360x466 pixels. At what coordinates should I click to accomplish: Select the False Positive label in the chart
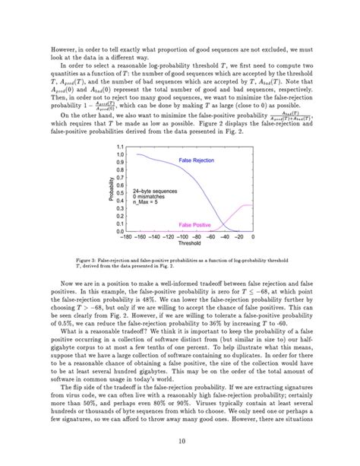194,226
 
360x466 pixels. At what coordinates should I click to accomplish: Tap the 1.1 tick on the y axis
120,146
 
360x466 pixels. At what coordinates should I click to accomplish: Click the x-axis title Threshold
190,246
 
